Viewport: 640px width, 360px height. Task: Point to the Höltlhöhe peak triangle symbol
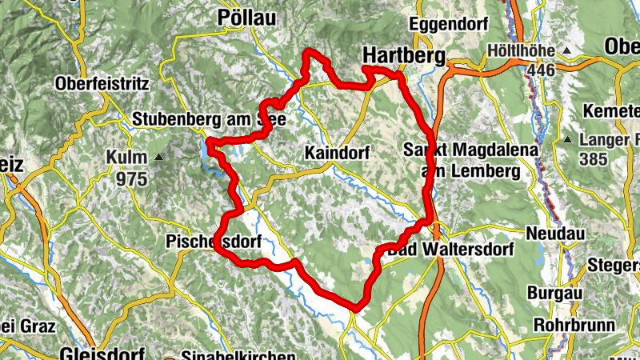pyautogui.click(x=567, y=51)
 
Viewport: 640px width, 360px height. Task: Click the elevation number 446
pyautogui.click(x=540, y=70)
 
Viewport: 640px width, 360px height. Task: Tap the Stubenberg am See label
pyautogui.click(x=205, y=118)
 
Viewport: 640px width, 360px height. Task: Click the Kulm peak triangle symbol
pyautogui.click(x=158, y=157)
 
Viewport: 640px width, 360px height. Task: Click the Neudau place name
pyautogui.click(x=555, y=234)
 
